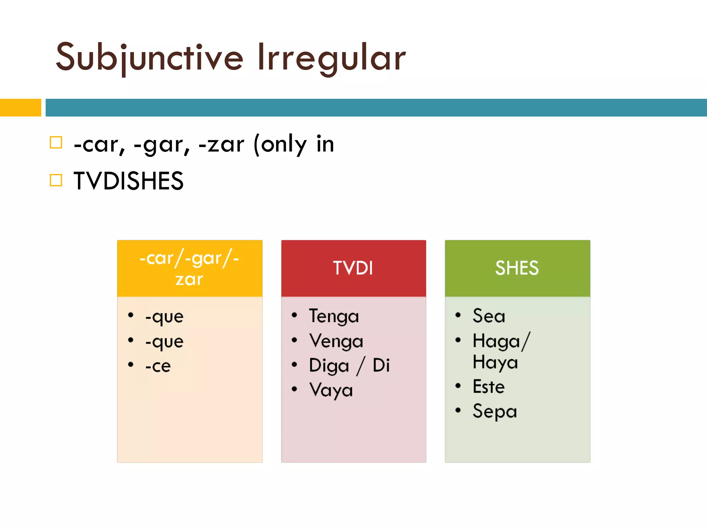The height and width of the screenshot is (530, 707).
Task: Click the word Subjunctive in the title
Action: click(x=149, y=58)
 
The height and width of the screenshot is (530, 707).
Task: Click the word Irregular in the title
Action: click(x=331, y=58)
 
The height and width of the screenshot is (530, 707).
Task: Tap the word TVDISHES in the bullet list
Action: click(x=128, y=181)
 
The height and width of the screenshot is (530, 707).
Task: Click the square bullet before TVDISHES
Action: click(x=56, y=180)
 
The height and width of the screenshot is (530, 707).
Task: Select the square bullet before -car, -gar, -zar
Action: click(x=56, y=143)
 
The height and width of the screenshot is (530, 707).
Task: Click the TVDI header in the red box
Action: click(x=353, y=268)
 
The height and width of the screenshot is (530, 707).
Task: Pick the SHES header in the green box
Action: click(x=517, y=268)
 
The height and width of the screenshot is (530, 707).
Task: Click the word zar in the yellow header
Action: click(x=189, y=279)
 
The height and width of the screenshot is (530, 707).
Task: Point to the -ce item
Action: click(x=158, y=366)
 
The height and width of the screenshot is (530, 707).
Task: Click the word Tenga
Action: click(x=334, y=316)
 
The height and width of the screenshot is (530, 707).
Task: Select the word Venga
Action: click(x=336, y=341)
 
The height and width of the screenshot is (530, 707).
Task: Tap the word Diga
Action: click(x=329, y=366)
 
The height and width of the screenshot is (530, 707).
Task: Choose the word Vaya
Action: click(x=331, y=391)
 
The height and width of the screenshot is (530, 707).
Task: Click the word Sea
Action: click(x=488, y=316)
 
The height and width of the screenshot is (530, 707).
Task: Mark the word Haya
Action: click(x=495, y=363)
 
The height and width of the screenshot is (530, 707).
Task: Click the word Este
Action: click(x=488, y=387)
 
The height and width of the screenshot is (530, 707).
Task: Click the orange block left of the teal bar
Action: click(x=20, y=108)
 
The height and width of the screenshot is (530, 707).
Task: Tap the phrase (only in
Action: click(x=293, y=144)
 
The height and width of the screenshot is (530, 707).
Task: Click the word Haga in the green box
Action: click(x=496, y=342)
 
